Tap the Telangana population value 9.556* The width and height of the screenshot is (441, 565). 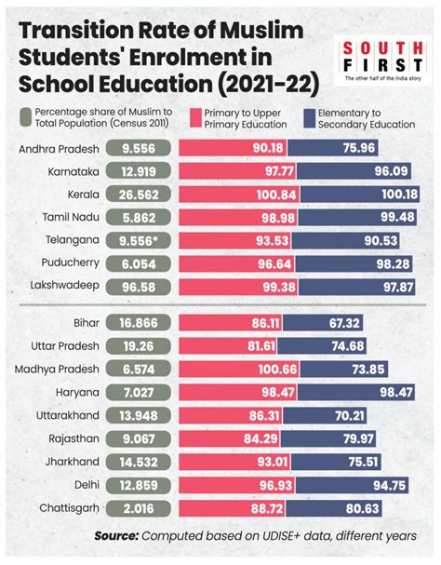click(138, 237)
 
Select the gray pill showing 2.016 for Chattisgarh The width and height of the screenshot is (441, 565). click(138, 507)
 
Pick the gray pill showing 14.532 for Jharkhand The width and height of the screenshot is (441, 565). click(138, 463)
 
